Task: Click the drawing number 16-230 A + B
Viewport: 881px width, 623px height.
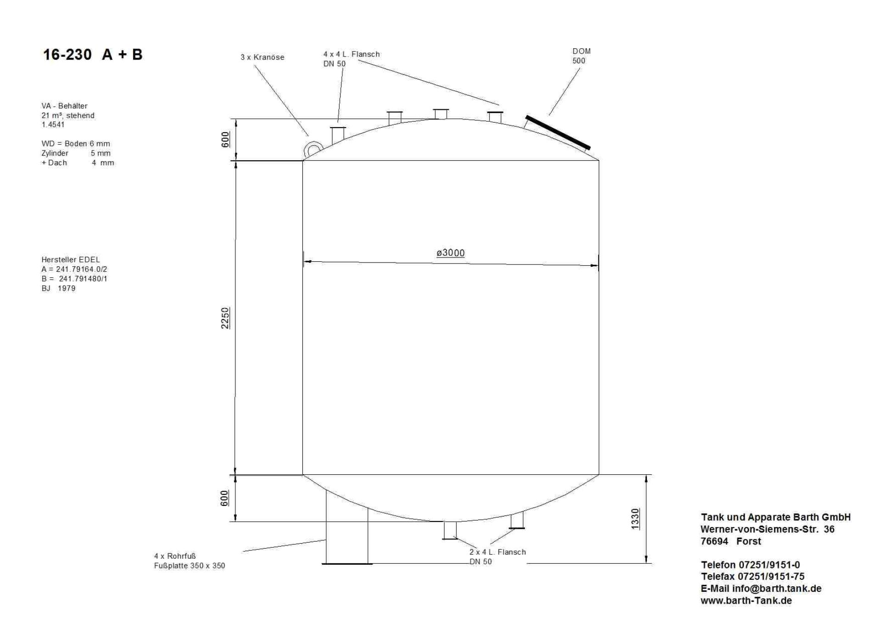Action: click(93, 55)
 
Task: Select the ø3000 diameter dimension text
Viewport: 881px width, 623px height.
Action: click(450, 253)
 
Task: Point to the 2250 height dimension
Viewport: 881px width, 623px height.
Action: click(225, 318)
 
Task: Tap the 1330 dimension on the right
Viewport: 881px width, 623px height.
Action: click(635, 519)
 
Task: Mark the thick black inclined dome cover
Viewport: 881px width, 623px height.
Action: click(558, 133)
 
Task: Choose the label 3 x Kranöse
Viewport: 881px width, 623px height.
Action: click(262, 57)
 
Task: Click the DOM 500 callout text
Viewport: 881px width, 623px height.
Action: click(581, 56)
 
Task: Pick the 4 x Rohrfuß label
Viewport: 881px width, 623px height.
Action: click(175, 556)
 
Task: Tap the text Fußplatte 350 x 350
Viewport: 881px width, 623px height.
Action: click(190, 566)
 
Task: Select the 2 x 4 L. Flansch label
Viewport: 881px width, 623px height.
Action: click(497, 552)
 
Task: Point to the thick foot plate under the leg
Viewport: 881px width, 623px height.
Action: click(347, 563)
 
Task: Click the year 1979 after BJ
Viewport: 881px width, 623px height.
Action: click(67, 288)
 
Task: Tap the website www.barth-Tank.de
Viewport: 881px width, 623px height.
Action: click(746, 601)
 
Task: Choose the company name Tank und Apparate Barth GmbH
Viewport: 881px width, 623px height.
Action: click(775, 517)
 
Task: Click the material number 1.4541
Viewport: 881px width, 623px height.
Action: click(53, 124)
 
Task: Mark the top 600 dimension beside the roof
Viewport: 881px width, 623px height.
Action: click(225, 140)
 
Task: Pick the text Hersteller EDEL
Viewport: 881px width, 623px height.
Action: click(70, 259)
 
